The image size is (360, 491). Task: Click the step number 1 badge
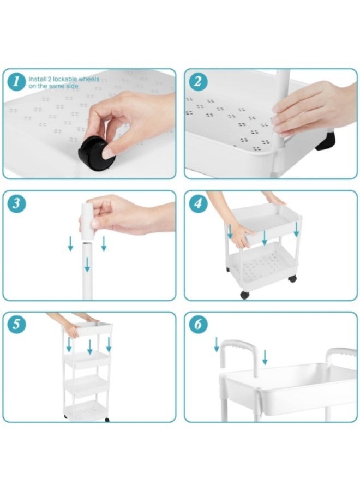16,82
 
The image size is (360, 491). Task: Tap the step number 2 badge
197,82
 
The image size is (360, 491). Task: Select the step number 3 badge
16,203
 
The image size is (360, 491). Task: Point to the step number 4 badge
197,203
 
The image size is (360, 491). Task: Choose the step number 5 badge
16,324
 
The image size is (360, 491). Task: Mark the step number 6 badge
197,324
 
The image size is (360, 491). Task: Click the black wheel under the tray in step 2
326,141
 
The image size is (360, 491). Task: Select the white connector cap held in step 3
87,221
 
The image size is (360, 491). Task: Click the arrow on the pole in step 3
87,264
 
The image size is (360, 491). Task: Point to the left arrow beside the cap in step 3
70,243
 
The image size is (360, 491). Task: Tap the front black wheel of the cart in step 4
244,295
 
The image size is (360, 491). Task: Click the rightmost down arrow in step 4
296,230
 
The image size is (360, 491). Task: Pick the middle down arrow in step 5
90,347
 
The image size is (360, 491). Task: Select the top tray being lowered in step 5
88,329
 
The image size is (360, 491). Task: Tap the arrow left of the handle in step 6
217,344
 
